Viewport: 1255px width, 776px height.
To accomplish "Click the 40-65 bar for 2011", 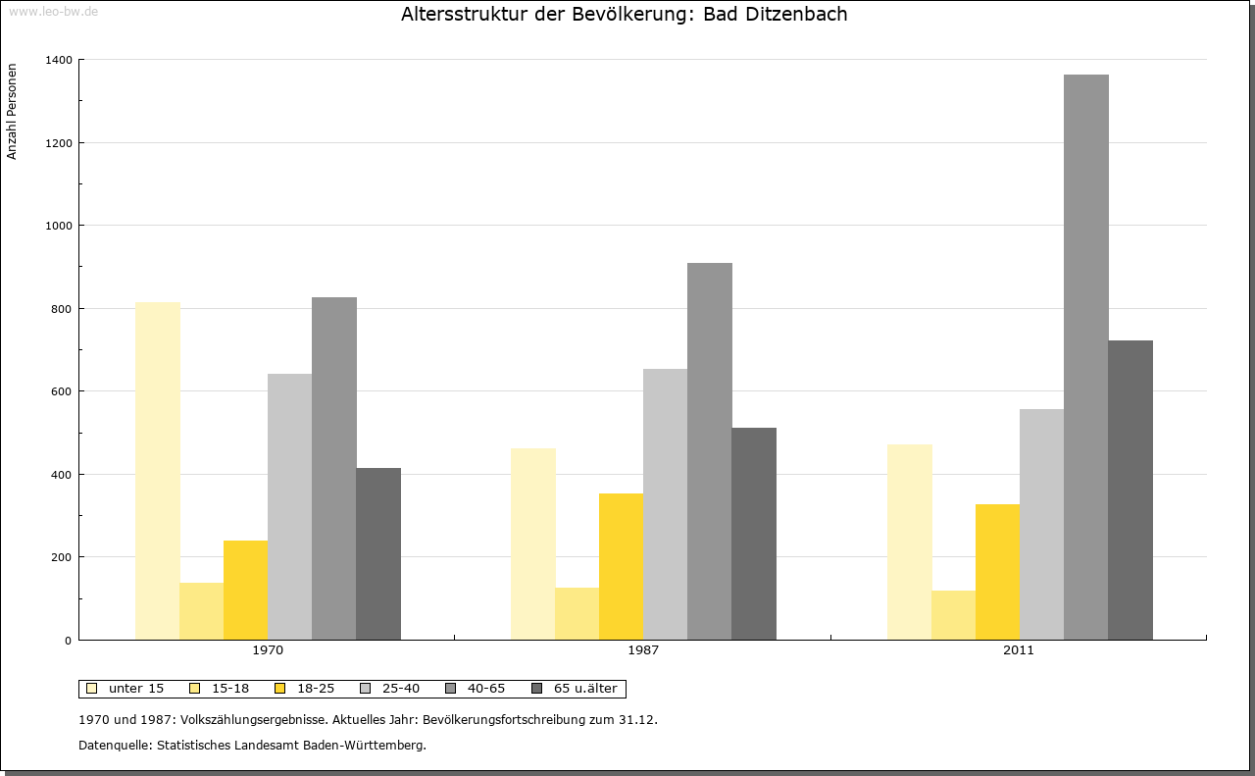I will click(x=1085, y=357).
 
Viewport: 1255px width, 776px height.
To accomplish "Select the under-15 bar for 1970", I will click(x=157, y=471).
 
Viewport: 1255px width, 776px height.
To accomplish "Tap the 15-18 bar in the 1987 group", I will click(x=577, y=613).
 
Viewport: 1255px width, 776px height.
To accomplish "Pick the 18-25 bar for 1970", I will click(x=245, y=590).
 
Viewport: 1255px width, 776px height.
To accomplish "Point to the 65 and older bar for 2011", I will click(x=1130, y=490).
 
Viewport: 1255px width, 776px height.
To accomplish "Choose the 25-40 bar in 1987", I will click(x=665, y=504).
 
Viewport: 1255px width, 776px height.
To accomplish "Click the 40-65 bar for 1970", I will click(x=333, y=468).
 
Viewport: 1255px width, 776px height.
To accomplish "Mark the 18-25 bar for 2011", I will click(x=997, y=572).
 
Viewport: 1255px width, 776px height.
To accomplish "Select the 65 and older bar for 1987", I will click(x=753, y=534).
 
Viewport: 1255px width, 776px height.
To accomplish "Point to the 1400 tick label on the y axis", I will click(x=58, y=60).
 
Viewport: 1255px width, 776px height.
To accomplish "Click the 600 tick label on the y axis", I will click(x=61, y=391).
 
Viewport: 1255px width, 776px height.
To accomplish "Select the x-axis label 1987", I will click(x=643, y=650).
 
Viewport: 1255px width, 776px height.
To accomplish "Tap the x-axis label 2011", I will click(x=1018, y=650).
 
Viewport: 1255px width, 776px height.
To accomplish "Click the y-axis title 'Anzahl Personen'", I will click(x=12, y=111).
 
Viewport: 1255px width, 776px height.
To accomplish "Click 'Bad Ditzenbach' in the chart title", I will click(x=775, y=14).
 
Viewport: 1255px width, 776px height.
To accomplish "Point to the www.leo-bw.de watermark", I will click(x=53, y=11).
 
